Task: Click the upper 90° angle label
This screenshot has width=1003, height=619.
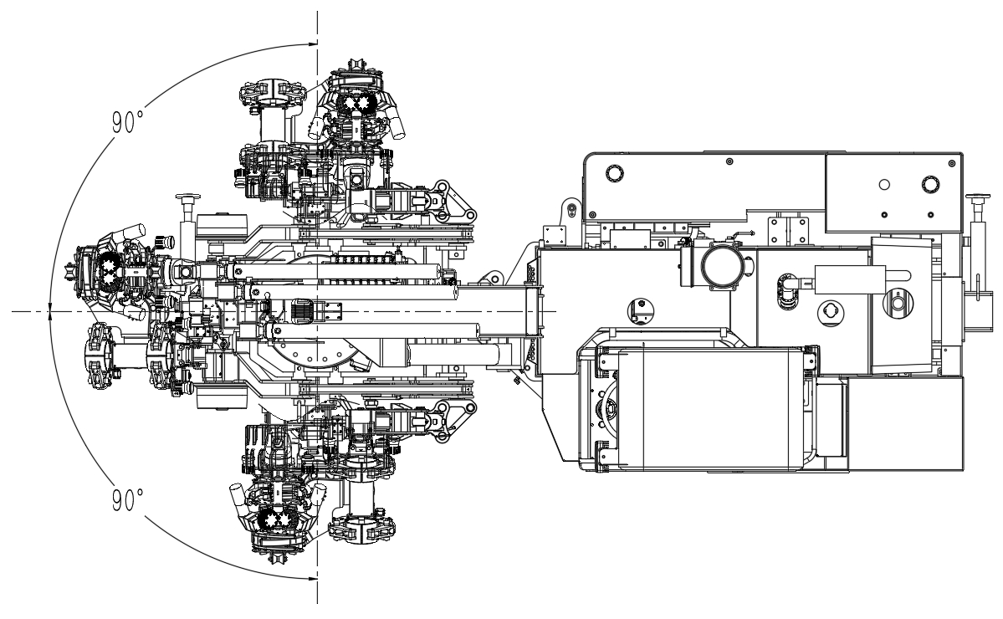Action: [127, 121]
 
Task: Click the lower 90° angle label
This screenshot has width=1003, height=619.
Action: [127, 499]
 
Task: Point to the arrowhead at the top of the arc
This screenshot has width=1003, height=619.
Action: [313, 44]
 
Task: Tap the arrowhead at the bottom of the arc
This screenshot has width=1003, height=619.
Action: [313, 579]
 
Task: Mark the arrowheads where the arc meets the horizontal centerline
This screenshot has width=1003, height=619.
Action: [50, 311]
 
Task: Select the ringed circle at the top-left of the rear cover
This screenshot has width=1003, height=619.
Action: [613, 172]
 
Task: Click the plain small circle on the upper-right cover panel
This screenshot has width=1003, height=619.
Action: [884, 185]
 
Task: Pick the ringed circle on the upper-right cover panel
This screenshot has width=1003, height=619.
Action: [929, 184]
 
